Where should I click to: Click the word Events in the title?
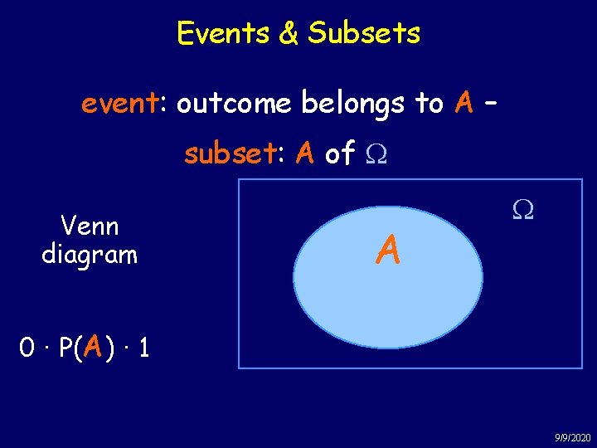pos(217,34)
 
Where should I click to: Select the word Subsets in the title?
pos(364,34)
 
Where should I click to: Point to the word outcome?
pos(234,104)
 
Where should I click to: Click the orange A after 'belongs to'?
pos(464,104)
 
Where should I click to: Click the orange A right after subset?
pos(305,153)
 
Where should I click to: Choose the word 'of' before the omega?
pos(340,153)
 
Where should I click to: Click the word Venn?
pos(90,226)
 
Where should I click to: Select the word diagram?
pos(90,254)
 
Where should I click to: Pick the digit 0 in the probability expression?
pos(27,347)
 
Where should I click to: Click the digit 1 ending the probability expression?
pos(144,347)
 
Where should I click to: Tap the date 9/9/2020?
pos(572,437)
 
